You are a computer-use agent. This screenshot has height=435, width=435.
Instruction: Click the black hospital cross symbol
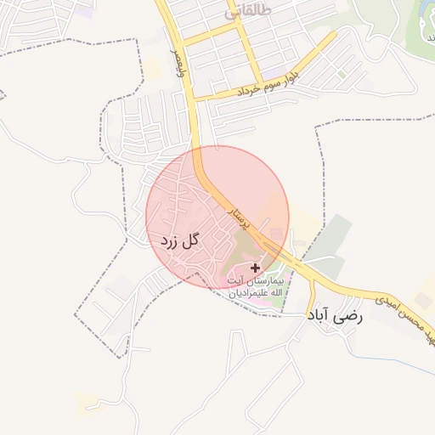click(255, 268)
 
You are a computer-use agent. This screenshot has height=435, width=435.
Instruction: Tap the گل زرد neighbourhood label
click(179, 240)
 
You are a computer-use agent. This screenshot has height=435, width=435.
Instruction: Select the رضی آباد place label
click(334, 315)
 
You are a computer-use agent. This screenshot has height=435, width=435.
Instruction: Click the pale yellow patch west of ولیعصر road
click(153, 68)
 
